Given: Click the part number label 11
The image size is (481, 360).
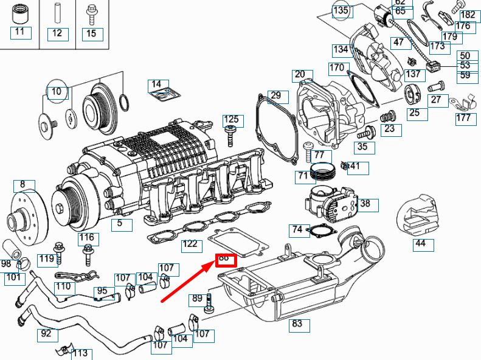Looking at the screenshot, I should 20,32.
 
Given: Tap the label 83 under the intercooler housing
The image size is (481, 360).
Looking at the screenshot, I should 297,324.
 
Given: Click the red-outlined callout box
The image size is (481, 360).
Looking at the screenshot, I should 224,259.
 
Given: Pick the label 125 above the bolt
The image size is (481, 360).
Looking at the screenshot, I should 231,120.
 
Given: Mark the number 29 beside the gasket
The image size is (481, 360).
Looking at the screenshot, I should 276,95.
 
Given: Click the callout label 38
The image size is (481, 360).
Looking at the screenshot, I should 365,204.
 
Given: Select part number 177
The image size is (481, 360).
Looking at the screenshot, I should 463,117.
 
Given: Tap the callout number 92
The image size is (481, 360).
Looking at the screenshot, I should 46,333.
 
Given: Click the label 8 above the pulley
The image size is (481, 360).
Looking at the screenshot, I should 22,184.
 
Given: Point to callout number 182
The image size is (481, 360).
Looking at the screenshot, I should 467,15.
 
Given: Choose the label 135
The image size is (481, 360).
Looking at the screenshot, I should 341,10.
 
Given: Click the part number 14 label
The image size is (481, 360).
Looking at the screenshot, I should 157,83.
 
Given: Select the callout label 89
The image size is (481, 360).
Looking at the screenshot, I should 197,299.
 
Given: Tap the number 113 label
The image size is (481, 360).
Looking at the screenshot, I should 80,353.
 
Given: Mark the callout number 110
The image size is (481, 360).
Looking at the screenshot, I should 63,286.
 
